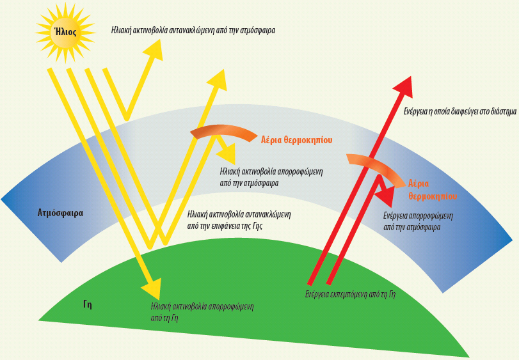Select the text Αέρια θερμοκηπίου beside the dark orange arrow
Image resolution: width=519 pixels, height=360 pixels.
click(x=296, y=139)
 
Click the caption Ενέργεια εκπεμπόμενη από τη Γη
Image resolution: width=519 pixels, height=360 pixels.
click(x=351, y=295)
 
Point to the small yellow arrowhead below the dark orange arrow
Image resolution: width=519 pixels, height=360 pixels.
click(x=228, y=153)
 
